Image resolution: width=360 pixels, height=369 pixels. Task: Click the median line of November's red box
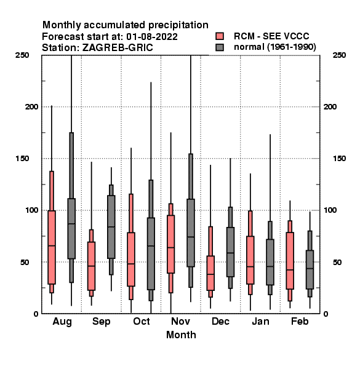coord(171,247)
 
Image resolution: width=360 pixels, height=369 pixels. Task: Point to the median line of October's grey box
coord(151,245)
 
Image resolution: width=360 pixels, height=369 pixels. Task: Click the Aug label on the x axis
coord(62,322)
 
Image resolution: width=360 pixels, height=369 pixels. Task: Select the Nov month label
coord(180,321)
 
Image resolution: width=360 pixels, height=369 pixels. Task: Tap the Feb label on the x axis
coord(300,321)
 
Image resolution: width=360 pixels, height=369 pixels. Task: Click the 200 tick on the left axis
coord(31,107)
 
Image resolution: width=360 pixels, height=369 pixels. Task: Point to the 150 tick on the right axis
coord(339,159)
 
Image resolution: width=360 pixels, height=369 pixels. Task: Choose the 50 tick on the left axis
coord(25,262)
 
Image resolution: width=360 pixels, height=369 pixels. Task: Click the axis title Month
coord(181,335)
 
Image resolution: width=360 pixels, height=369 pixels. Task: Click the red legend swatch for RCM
coord(220,36)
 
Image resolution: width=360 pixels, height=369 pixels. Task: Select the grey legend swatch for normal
coord(220,47)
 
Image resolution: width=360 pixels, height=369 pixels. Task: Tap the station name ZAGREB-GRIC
coord(118,48)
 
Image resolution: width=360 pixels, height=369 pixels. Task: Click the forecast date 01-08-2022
coord(152,37)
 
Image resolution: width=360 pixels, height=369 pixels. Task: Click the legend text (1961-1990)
coord(292,47)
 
